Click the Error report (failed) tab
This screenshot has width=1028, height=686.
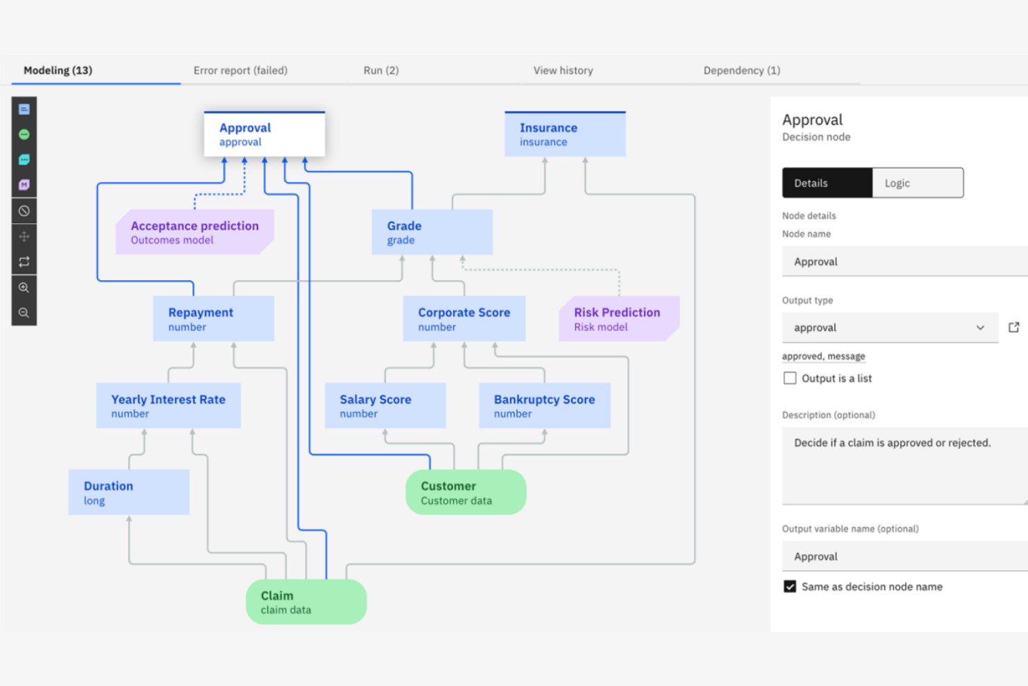[x=240, y=70]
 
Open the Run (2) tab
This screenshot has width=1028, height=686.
[x=381, y=70]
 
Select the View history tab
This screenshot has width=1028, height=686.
[x=563, y=70]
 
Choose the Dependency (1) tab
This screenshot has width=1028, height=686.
[x=741, y=70]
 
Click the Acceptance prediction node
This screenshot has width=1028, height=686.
[x=194, y=232]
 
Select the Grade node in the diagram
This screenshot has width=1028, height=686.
[x=431, y=232]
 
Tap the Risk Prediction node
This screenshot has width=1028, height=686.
[x=617, y=319]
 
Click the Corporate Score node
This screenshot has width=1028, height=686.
[x=463, y=319]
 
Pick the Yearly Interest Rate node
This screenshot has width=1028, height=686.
[x=168, y=406]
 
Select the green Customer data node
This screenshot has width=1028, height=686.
[x=465, y=492]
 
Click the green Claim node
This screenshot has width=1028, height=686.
[x=306, y=602]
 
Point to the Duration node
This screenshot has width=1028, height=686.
[x=128, y=492]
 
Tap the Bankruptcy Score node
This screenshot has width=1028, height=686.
[x=544, y=406]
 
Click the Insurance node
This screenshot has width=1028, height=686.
[x=564, y=134]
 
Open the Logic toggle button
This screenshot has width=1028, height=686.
[x=917, y=183]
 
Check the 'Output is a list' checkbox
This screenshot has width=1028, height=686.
[x=790, y=378]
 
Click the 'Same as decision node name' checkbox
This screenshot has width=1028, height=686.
[x=790, y=587]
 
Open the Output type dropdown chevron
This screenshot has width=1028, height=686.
[x=980, y=327]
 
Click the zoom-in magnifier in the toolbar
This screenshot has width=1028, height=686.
[x=24, y=287]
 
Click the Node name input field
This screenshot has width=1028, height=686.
[x=903, y=261]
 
